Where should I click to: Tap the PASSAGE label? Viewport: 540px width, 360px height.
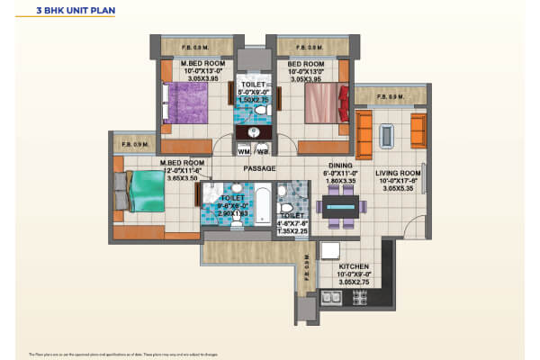click(x=258, y=168)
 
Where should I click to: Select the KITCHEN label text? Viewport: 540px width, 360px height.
click(x=354, y=267)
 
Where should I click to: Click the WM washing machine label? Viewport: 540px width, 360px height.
click(x=244, y=150)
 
